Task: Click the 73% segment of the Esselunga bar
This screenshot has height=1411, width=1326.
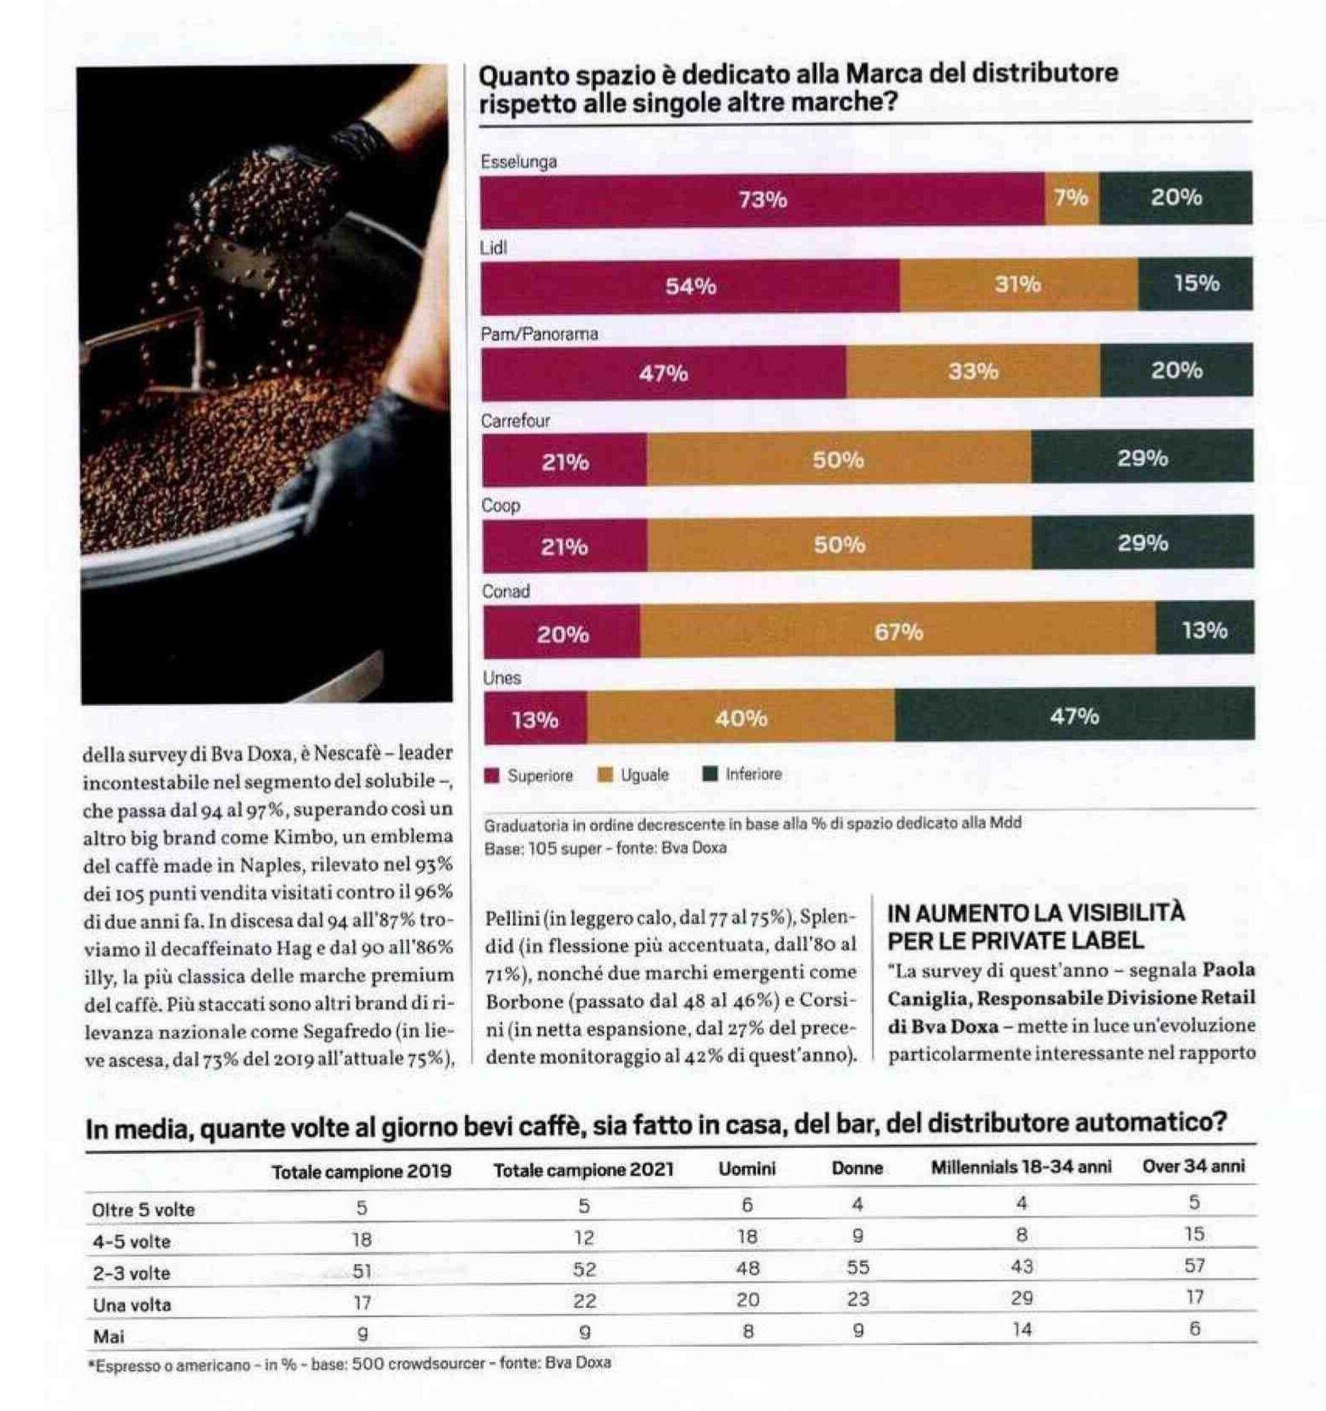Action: coord(763,199)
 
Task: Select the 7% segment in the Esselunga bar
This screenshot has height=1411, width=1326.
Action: coord(1072,198)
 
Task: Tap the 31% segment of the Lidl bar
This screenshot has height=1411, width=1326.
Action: coord(1019,285)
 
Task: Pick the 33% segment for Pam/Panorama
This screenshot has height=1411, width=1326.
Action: coord(973,371)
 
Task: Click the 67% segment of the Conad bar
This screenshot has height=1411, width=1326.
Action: coord(898,631)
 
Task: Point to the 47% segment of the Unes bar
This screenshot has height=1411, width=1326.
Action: coord(1075,715)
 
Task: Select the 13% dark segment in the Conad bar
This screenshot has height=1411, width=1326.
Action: coord(1205,629)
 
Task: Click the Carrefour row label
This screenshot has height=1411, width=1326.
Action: coord(515,420)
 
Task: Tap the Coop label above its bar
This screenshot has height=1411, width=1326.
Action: coord(501,506)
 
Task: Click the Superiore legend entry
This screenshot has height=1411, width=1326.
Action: coord(529,775)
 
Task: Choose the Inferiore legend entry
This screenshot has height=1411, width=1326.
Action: coord(743,774)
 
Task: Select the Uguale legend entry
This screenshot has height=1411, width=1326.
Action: coord(633,774)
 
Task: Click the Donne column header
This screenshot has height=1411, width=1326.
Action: coord(858,1168)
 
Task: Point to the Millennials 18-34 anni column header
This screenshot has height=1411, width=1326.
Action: coord(1022,1167)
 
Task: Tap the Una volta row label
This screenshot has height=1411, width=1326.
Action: coord(132,1304)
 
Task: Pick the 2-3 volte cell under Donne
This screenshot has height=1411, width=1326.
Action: coord(858,1267)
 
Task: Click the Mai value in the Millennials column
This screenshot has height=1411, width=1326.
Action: coord(1022,1330)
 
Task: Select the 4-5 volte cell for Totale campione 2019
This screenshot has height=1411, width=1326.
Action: coord(362,1239)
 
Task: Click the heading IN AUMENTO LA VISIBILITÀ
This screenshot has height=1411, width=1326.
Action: coord(1036,912)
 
